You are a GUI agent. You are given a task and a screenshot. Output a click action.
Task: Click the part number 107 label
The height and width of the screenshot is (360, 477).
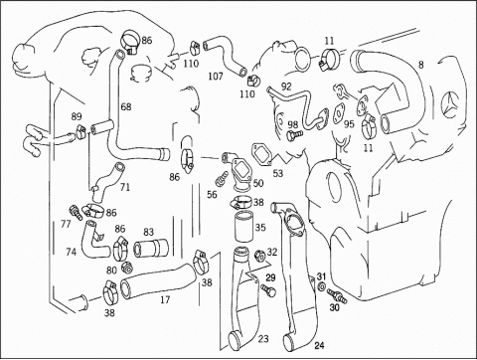coord(216,77)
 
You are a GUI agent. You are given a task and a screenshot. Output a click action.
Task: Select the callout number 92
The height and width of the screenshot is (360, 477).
coord(286,87)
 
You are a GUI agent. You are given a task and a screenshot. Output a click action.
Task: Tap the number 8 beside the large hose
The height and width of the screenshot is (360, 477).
coord(420,65)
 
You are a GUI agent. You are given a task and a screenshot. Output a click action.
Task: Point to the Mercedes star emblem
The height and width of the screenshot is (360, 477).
coord(452,105)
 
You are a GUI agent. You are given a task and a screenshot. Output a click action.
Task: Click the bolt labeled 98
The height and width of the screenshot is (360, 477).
coord(294,134)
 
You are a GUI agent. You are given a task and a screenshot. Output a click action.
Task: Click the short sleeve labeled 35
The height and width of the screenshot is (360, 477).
coord(244,227)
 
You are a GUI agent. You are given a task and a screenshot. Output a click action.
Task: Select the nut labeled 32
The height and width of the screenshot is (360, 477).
coord(258,256)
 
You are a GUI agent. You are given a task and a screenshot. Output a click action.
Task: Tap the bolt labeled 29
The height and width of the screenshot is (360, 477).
coord(268,290)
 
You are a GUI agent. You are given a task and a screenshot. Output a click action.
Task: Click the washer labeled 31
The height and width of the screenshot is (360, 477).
coord(321,287)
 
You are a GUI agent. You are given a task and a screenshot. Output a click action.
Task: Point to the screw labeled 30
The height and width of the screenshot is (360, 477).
coord(337,295)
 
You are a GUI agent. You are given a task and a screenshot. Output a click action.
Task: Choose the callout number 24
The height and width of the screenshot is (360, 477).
coord(319,346)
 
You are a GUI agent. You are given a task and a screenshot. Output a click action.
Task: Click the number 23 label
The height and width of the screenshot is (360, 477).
coord(263,339)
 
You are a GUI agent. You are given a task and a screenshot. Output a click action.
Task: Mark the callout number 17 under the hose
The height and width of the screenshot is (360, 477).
coord(165,300)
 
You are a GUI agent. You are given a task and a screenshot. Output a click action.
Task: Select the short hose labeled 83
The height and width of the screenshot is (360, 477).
coord(151,249)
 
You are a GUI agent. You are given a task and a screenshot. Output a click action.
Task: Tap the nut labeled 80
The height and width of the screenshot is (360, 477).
coord(126,267)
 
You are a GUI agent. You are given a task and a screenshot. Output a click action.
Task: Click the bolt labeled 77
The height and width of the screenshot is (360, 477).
coord(76,213)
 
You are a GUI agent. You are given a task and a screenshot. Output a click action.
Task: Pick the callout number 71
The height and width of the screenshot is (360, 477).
coord(125,188)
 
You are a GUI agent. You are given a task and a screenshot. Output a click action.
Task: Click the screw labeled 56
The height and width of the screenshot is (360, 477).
coord(222,178)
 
